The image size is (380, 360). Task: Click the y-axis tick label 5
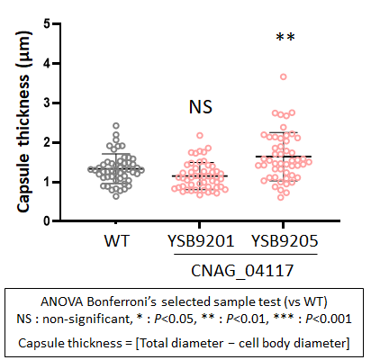[47, 23]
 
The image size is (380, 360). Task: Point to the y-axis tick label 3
[47, 103]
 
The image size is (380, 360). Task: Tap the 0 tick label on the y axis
[47, 221]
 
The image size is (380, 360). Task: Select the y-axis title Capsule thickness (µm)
[24, 121]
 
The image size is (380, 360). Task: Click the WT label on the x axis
[116, 241]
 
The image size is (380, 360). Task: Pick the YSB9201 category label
[201, 241]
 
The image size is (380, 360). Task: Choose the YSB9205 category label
[285, 241]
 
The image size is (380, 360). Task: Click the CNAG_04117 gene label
[242, 271]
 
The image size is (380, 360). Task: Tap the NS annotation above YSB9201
[201, 107]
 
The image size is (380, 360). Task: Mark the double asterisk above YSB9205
[285, 38]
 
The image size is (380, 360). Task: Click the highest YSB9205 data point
[284, 76]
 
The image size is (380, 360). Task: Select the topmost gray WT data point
[116, 125]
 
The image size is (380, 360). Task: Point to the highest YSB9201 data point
[200, 135]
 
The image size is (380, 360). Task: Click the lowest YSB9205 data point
[281, 197]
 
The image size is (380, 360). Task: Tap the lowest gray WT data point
[116, 196]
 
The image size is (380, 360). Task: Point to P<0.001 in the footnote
[329, 319]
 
